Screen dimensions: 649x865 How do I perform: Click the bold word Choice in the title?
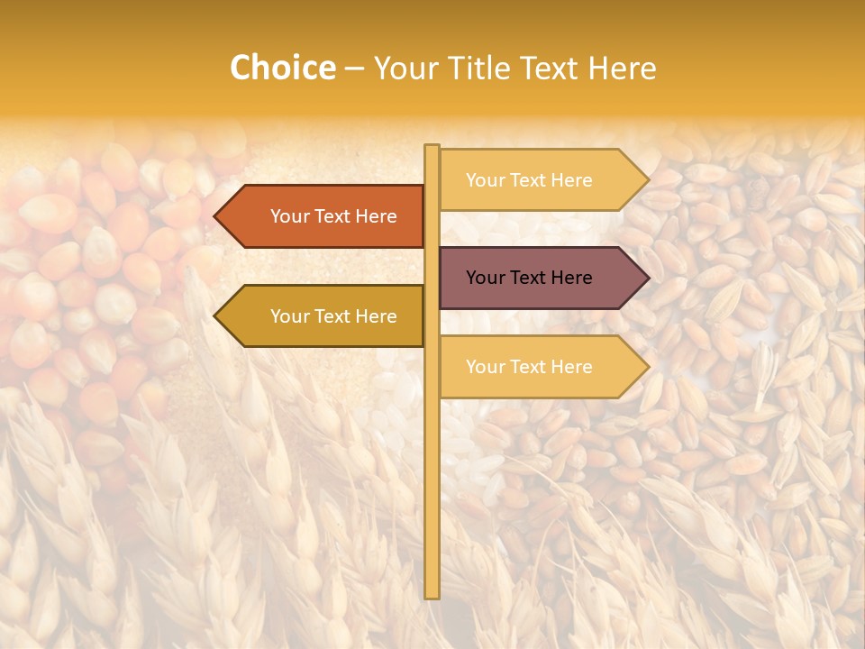pyautogui.click(x=282, y=69)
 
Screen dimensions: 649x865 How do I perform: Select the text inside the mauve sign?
pyautogui.click(x=529, y=278)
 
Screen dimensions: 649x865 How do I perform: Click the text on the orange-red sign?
pyautogui.click(x=333, y=216)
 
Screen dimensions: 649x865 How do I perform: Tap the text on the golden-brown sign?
pyautogui.click(x=333, y=316)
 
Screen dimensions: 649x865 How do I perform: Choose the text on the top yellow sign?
pyautogui.click(x=529, y=180)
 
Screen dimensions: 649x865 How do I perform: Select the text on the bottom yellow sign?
pyautogui.click(x=529, y=367)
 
